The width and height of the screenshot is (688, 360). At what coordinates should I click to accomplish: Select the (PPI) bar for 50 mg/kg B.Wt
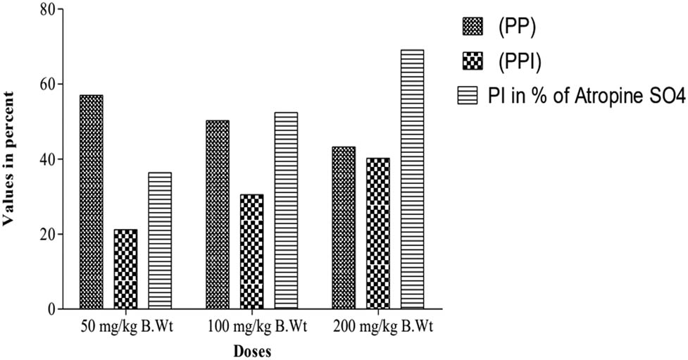tap(125, 269)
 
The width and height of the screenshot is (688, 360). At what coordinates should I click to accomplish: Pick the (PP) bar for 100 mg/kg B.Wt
tap(218, 215)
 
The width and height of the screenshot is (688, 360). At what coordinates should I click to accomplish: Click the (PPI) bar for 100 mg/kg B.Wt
tap(251, 252)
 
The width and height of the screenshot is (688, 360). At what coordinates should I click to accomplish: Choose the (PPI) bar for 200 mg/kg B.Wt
tap(377, 234)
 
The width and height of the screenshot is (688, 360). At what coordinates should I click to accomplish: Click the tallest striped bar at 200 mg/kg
tap(412, 180)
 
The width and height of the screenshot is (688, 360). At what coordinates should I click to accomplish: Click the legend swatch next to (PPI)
tap(473, 61)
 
